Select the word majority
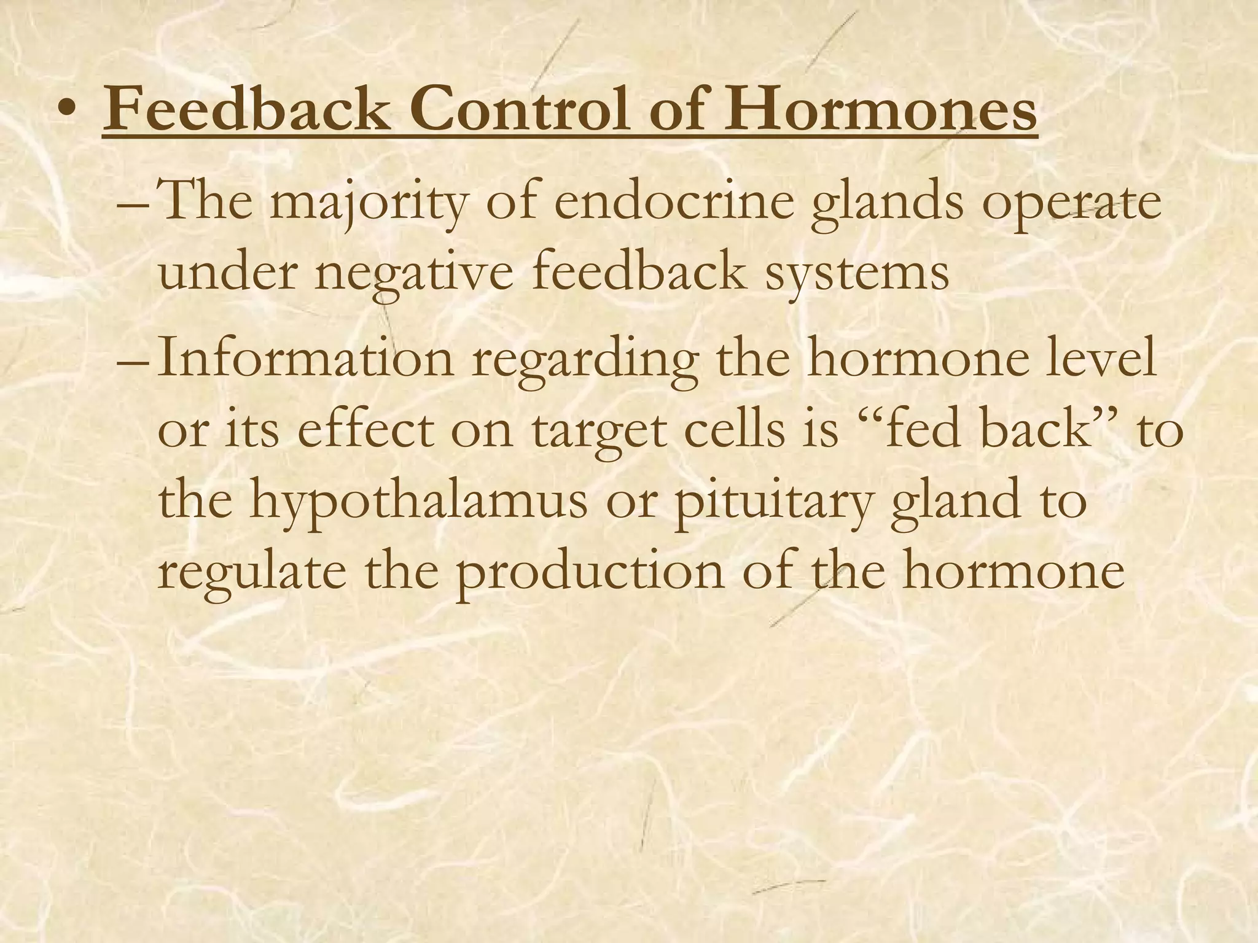[x=369, y=204]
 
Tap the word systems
[x=856, y=273]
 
